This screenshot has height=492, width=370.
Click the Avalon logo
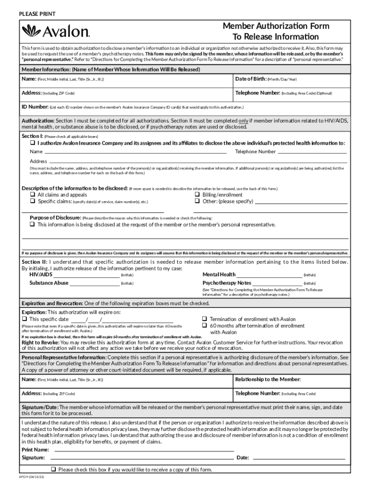(x=56, y=32)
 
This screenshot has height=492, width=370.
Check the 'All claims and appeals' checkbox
(x=33, y=195)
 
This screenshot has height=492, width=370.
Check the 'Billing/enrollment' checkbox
(x=197, y=195)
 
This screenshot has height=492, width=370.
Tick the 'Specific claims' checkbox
(x=33, y=202)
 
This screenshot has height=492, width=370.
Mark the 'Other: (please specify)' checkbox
(x=197, y=202)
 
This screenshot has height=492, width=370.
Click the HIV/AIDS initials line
(x=95, y=275)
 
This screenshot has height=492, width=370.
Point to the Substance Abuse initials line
(x=95, y=283)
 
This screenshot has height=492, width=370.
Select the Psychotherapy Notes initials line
(x=277, y=283)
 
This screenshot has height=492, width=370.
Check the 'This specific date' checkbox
(x=25, y=319)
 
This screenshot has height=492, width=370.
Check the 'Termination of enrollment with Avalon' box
(x=204, y=319)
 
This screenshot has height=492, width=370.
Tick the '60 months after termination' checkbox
(x=204, y=326)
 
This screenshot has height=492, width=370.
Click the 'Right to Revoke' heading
(x=40, y=343)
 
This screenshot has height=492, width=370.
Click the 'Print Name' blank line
(x=144, y=450)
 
